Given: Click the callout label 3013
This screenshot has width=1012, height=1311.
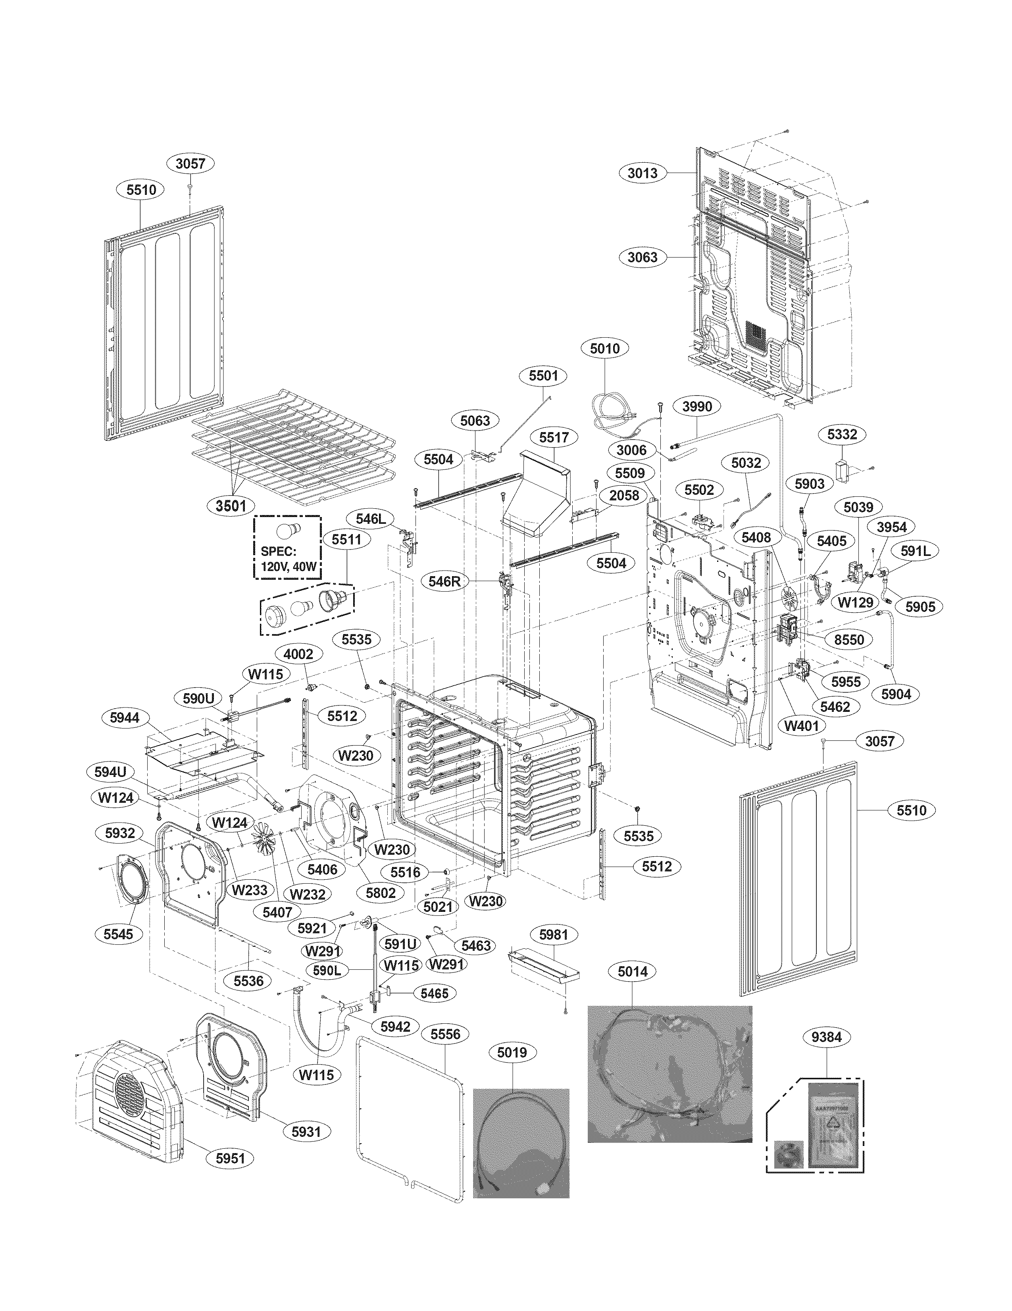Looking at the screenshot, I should click(642, 173).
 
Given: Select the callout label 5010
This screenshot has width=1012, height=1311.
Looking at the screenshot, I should click(604, 348).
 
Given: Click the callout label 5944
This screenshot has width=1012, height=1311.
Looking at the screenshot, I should click(124, 717).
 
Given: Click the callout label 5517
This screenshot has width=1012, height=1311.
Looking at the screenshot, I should click(553, 437).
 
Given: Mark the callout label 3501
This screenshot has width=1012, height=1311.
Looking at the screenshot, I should click(231, 506).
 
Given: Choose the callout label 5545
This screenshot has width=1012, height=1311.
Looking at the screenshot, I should click(118, 934).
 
